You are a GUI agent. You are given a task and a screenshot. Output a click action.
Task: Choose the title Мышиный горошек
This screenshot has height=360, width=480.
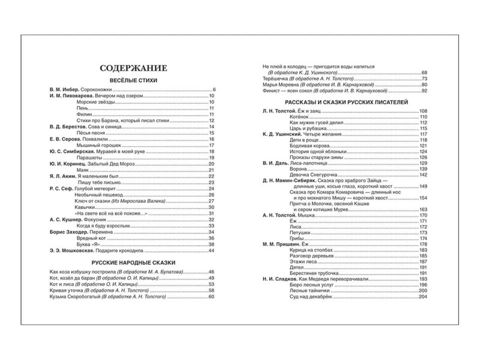click(97, 146)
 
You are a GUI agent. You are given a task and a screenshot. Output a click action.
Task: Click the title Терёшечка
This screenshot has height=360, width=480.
click(275, 79)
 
